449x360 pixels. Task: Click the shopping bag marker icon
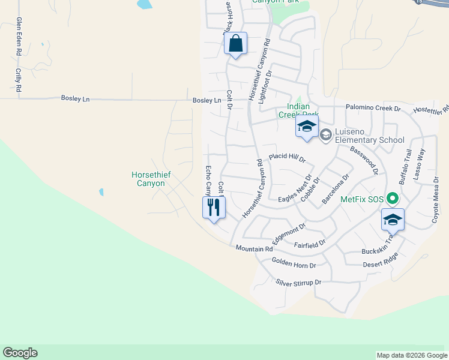(236, 44)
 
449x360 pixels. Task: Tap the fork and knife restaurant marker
(214, 208)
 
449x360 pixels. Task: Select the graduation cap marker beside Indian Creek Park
(306, 127)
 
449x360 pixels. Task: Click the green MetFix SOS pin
(393, 197)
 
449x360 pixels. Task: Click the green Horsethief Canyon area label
(151, 179)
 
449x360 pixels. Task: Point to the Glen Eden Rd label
(19, 37)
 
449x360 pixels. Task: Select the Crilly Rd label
(19, 79)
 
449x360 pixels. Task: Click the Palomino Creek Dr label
(373, 108)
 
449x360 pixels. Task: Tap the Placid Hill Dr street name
(288, 157)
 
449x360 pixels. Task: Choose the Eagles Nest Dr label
(295, 189)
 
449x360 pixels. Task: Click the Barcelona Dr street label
(336, 189)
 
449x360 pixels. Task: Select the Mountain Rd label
(254, 248)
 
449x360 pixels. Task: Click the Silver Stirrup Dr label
(299, 282)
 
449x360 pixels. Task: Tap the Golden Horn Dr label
(294, 262)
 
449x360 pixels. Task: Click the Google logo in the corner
(20, 353)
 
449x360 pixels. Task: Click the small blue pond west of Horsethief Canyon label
(101, 192)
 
